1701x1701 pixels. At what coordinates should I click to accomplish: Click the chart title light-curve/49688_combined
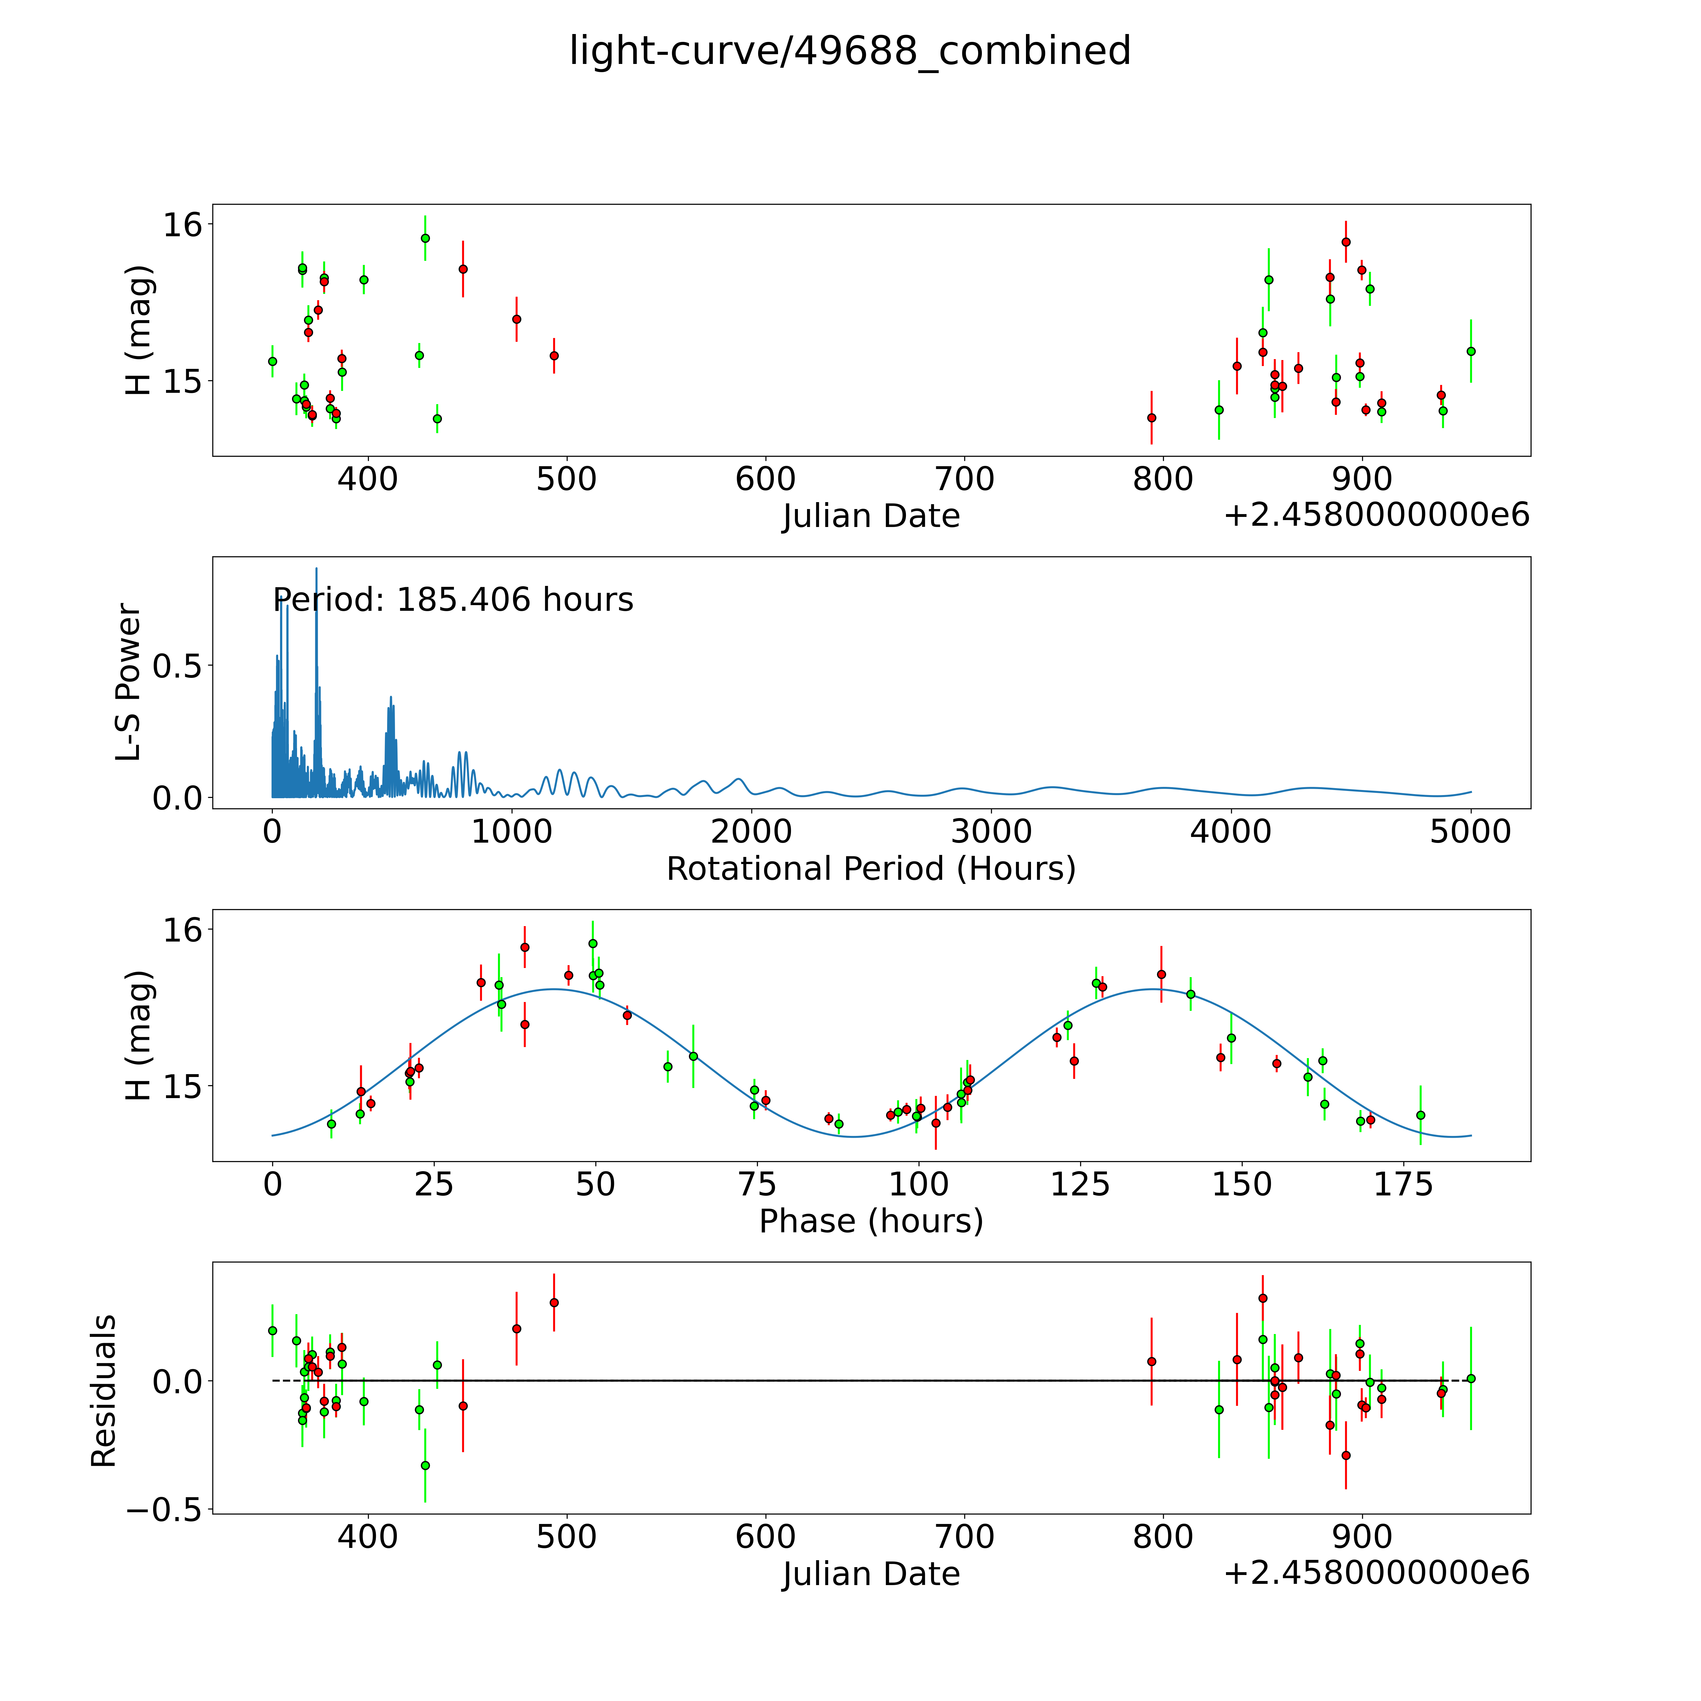pos(850,51)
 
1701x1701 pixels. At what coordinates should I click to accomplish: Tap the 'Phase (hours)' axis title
pos(871,1221)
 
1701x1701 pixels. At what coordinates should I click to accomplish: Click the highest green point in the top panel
pos(425,238)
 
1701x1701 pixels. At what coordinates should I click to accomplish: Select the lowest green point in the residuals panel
pos(425,1465)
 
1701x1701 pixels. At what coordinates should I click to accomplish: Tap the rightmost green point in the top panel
pos(1470,351)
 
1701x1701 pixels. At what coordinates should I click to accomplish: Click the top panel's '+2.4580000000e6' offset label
pos(1376,515)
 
